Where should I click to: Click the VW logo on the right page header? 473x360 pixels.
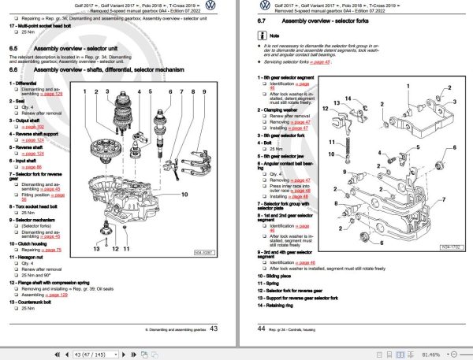[x=460, y=9]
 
